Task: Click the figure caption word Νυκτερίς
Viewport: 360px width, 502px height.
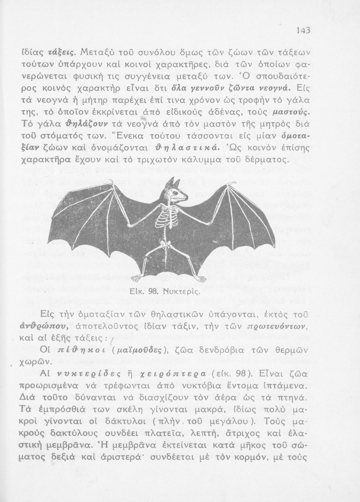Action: (x=184, y=290)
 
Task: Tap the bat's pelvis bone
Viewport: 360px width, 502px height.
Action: (x=165, y=243)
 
